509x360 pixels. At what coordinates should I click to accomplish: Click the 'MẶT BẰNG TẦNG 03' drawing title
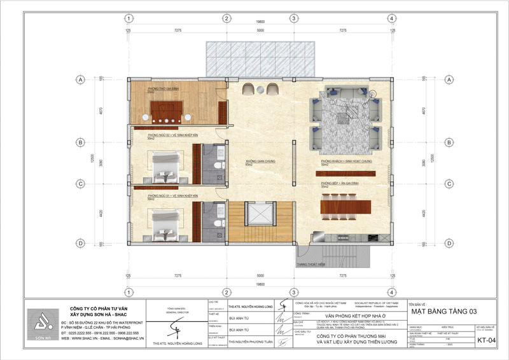(443, 311)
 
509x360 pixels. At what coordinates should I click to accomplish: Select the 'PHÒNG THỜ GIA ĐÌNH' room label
(162, 88)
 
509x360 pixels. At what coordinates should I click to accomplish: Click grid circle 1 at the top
(129, 18)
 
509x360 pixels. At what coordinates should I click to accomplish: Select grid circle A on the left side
(81, 80)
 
